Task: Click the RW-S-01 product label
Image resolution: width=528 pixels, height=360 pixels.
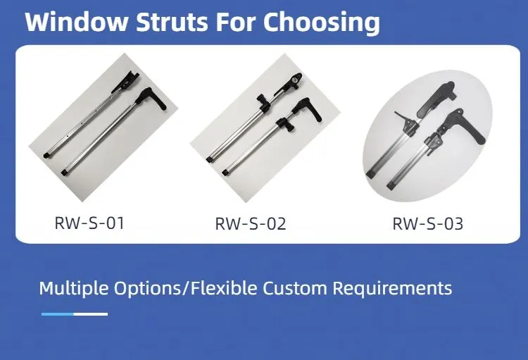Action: (x=89, y=224)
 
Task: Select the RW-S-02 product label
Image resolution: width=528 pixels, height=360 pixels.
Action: (x=250, y=225)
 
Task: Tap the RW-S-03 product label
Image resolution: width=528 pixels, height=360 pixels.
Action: (x=427, y=225)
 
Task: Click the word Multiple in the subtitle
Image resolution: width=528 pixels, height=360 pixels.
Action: (x=72, y=288)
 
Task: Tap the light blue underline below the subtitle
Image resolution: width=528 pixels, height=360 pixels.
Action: (x=57, y=314)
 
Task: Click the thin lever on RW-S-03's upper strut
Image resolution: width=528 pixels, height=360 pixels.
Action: (x=403, y=119)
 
